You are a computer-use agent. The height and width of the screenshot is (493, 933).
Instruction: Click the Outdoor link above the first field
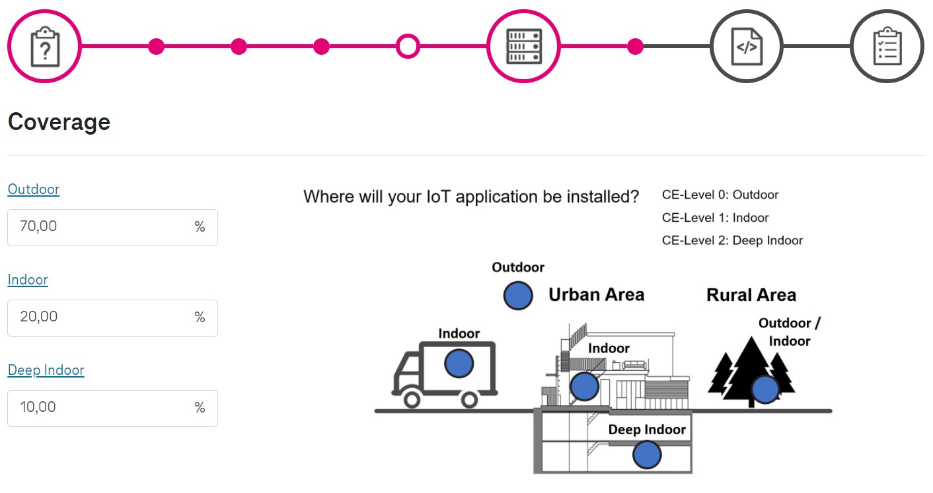[x=34, y=189]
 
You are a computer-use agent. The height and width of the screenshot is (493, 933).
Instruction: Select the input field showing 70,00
[x=99, y=227]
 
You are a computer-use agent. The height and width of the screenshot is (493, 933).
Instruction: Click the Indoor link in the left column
[x=28, y=280]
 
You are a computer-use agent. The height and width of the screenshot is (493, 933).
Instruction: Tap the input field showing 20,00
[x=99, y=317]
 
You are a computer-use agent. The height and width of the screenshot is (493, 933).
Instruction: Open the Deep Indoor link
[x=46, y=370]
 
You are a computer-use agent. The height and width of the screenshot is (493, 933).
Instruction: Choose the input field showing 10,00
[x=99, y=408]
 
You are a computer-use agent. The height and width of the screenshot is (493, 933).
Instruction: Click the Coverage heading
[x=59, y=122]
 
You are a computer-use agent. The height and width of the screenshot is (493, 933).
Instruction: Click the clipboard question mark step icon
[x=44, y=46]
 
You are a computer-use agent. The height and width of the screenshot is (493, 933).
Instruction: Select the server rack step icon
[x=523, y=46]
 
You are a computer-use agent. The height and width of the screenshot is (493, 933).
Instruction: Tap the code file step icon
[x=746, y=46]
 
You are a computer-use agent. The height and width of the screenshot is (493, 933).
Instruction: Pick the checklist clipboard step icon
[x=887, y=46]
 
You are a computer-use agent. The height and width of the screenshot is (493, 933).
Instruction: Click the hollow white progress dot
[x=408, y=46]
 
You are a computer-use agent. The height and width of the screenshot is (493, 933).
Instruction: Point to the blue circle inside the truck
[x=459, y=364]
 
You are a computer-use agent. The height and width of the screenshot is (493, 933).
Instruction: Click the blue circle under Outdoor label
[x=518, y=296]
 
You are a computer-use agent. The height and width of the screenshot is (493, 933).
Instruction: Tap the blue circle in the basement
[x=646, y=455]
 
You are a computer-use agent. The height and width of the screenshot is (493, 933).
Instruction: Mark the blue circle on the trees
[x=765, y=389]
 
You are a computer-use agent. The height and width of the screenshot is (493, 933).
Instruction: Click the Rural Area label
[x=751, y=295]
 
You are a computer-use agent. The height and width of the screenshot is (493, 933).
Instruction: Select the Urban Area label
[x=596, y=295]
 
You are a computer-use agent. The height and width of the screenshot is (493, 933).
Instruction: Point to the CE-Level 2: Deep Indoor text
[x=732, y=241]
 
